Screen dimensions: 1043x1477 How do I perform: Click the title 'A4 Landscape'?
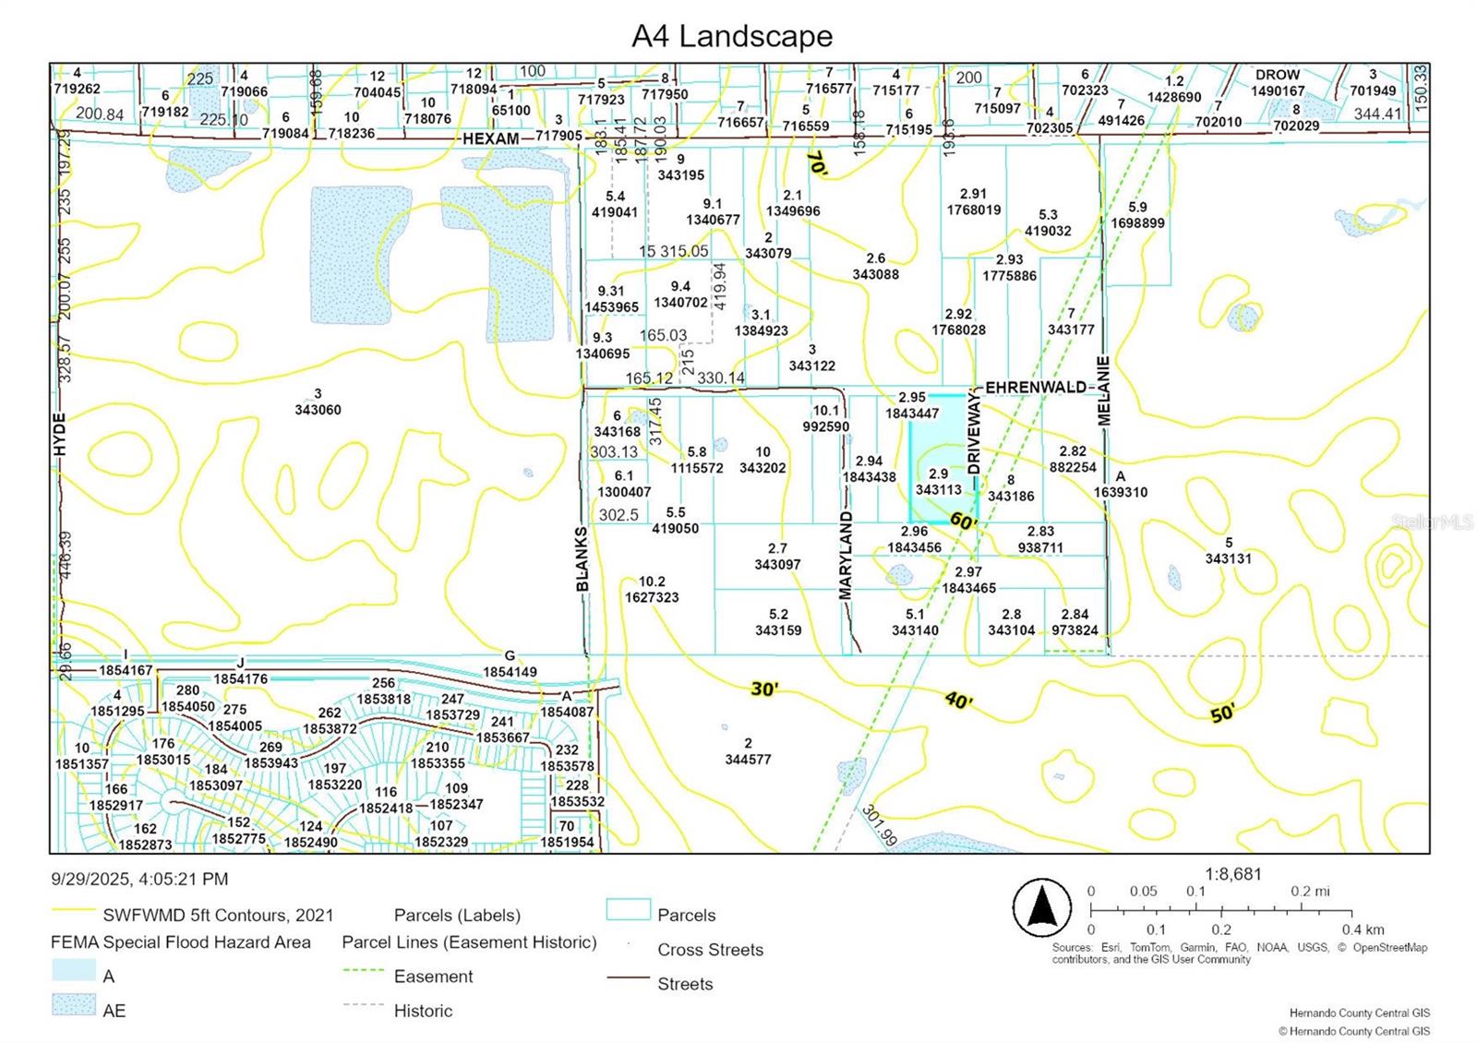732,36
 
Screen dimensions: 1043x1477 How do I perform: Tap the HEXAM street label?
490,138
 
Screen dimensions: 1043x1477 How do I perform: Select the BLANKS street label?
582,559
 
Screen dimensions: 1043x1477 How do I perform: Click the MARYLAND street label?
846,555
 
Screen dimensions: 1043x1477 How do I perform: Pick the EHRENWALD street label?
1036,387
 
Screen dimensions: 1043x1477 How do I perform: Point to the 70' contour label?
816,163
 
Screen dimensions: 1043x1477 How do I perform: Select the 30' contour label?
764,689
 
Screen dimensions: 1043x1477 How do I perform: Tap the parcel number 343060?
318,410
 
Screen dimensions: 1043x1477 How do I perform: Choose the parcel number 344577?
748,760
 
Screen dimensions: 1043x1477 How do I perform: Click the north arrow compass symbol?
1042,908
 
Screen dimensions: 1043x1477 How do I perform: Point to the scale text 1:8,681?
1232,873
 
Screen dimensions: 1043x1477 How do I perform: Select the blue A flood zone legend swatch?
74,970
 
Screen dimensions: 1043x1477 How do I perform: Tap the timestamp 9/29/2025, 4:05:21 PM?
139,879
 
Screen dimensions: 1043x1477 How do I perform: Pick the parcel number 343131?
1228,558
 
